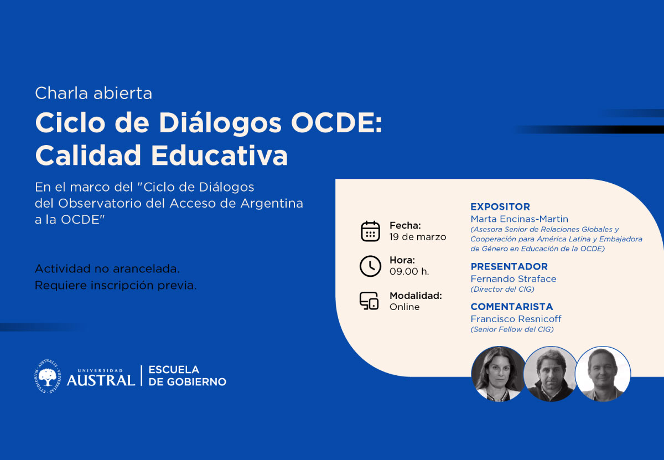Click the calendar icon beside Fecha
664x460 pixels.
[x=370, y=231]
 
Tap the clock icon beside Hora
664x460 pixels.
[x=370, y=266]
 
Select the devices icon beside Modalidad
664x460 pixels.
[x=369, y=301]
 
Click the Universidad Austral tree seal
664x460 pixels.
[x=48, y=376]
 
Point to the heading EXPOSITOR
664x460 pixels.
[x=500, y=206]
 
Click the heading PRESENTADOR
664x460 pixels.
[x=509, y=266]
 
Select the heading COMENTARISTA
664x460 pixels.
[x=512, y=306]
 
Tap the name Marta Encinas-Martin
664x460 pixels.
[x=520, y=219]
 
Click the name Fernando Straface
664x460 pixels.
[x=513, y=279]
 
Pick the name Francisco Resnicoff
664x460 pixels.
[x=516, y=319]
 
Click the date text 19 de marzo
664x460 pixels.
[x=418, y=237]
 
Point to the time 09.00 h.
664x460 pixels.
[x=409, y=271]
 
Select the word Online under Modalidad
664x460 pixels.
[x=404, y=307]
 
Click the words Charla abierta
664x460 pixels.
[x=94, y=93]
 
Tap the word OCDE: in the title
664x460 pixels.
[x=336, y=123]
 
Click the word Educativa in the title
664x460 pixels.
[x=219, y=155]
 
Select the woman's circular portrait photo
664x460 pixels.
[x=499, y=374]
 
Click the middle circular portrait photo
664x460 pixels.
[x=551, y=374]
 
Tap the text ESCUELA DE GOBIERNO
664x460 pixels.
[x=187, y=376]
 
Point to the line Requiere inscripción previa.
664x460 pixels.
[x=116, y=285]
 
